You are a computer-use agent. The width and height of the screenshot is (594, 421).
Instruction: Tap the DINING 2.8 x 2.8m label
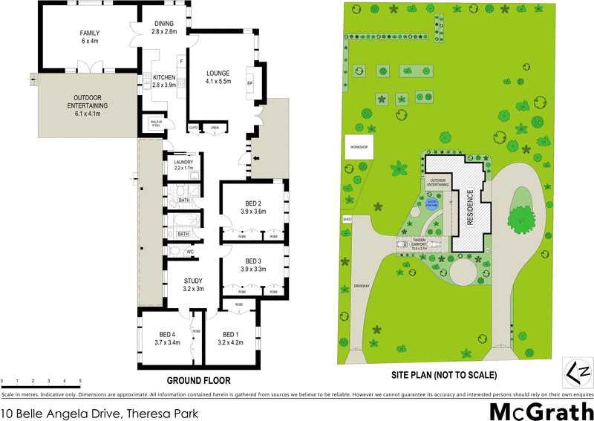pos(163,28)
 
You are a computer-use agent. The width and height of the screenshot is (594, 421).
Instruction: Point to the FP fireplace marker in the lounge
pos(249,83)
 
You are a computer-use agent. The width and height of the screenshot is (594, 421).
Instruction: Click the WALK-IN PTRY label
pos(156,124)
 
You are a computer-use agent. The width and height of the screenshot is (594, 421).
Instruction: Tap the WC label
pos(190,252)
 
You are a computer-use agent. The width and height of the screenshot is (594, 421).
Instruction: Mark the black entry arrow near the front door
pos(257,157)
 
